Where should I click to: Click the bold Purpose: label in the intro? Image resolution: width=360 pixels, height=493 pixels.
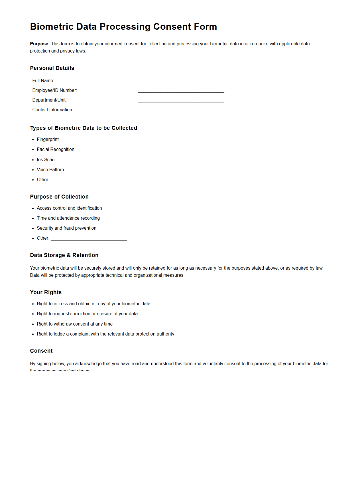[40, 44]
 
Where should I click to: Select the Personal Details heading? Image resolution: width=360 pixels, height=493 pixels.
[52, 68]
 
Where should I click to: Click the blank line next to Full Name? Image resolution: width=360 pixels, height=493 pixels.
[181, 81]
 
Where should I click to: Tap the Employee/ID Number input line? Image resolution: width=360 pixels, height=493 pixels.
[181, 91]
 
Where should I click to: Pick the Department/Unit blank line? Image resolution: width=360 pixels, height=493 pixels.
[181, 100]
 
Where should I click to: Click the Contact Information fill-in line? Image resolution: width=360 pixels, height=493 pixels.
[181, 110]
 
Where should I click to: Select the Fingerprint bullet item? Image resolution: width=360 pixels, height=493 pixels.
[48, 140]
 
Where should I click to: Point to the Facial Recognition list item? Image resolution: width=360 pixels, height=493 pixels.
[55, 149]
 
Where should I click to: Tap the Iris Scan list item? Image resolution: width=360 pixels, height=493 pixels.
[46, 160]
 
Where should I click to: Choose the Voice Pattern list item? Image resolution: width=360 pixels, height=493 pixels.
[50, 170]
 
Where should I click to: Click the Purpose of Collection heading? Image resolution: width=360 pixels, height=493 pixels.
[59, 197]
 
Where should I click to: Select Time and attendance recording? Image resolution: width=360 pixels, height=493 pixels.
[68, 218]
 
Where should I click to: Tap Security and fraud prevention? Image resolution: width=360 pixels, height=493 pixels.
[66, 228]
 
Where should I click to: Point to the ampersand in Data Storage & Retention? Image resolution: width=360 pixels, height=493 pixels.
[68, 255]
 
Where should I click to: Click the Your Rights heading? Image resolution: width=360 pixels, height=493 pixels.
[46, 292]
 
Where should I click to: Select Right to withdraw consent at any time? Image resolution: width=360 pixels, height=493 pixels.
[75, 324]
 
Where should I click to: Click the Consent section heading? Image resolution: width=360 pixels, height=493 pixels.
[41, 351]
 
